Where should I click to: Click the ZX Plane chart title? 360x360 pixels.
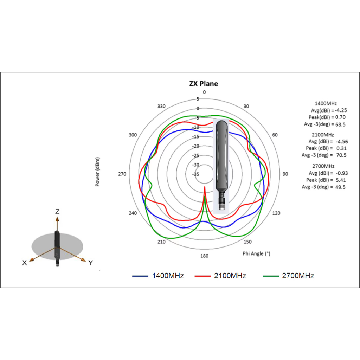click(x=204, y=84)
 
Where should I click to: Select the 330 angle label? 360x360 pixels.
click(x=161, y=106)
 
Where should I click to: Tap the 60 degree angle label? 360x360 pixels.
click(x=275, y=135)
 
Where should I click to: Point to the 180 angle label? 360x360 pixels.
click(x=204, y=256)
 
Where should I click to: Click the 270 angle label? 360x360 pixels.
click(x=122, y=174)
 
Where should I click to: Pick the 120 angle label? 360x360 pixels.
click(x=276, y=213)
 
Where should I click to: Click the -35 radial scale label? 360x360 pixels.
click(x=195, y=174)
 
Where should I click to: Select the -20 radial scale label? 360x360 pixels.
click(x=195, y=146)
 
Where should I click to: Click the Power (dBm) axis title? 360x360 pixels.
click(x=97, y=172)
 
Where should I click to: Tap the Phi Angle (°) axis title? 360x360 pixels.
click(x=256, y=254)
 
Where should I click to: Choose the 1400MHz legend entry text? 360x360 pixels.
click(x=168, y=276)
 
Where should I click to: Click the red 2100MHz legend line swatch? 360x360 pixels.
click(x=202, y=276)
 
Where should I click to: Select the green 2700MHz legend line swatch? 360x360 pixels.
click(x=271, y=276)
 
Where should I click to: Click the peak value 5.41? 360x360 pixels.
click(x=341, y=180)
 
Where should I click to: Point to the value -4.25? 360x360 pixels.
click(x=341, y=110)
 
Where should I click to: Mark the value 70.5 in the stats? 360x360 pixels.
click(x=341, y=155)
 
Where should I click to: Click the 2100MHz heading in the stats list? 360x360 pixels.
click(x=323, y=135)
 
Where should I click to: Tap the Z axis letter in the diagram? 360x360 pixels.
click(x=57, y=211)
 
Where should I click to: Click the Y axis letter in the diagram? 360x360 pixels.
click(x=91, y=263)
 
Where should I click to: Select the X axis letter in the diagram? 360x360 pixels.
click(x=25, y=263)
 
